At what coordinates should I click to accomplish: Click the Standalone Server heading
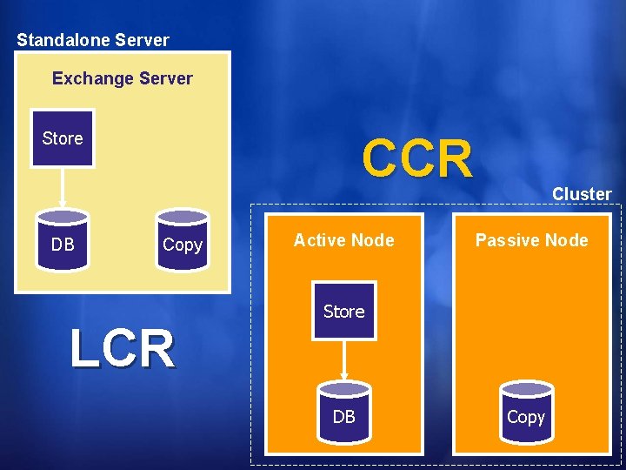point(93,40)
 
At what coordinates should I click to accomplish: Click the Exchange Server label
point(122,78)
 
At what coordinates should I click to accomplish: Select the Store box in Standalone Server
point(63,138)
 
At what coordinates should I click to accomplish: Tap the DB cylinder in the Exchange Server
point(63,240)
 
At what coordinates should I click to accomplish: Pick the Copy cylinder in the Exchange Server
point(182,240)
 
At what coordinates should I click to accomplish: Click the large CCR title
point(417,158)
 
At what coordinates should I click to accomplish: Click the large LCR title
point(123,348)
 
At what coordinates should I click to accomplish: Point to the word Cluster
point(582,194)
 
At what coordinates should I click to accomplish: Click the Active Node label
point(343,240)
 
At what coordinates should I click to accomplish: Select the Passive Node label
point(531,240)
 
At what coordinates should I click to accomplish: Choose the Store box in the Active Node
point(343,311)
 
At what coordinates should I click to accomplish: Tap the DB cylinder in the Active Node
point(343,412)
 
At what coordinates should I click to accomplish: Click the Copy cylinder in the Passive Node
point(526,412)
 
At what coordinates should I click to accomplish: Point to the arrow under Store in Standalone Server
point(63,188)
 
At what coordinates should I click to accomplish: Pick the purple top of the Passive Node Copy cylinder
point(526,388)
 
